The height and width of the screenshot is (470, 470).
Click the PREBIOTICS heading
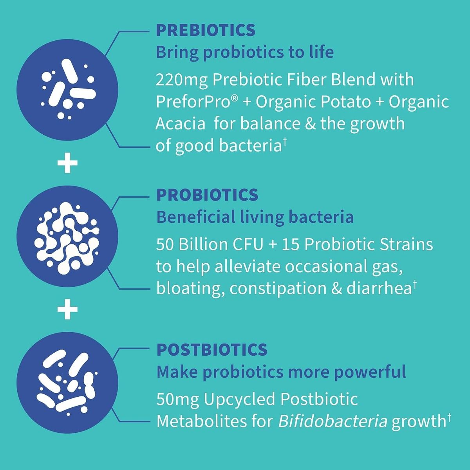[206, 30]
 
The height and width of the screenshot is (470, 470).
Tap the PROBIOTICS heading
[207, 195]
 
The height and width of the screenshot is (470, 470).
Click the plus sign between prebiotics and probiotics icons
[68, 164]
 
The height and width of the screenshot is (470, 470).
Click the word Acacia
[181, 124]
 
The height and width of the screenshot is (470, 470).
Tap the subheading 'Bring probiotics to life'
[245, 52]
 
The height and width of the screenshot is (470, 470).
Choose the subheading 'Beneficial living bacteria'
[255, 217]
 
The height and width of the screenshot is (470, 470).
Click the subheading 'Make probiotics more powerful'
[281, 371]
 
